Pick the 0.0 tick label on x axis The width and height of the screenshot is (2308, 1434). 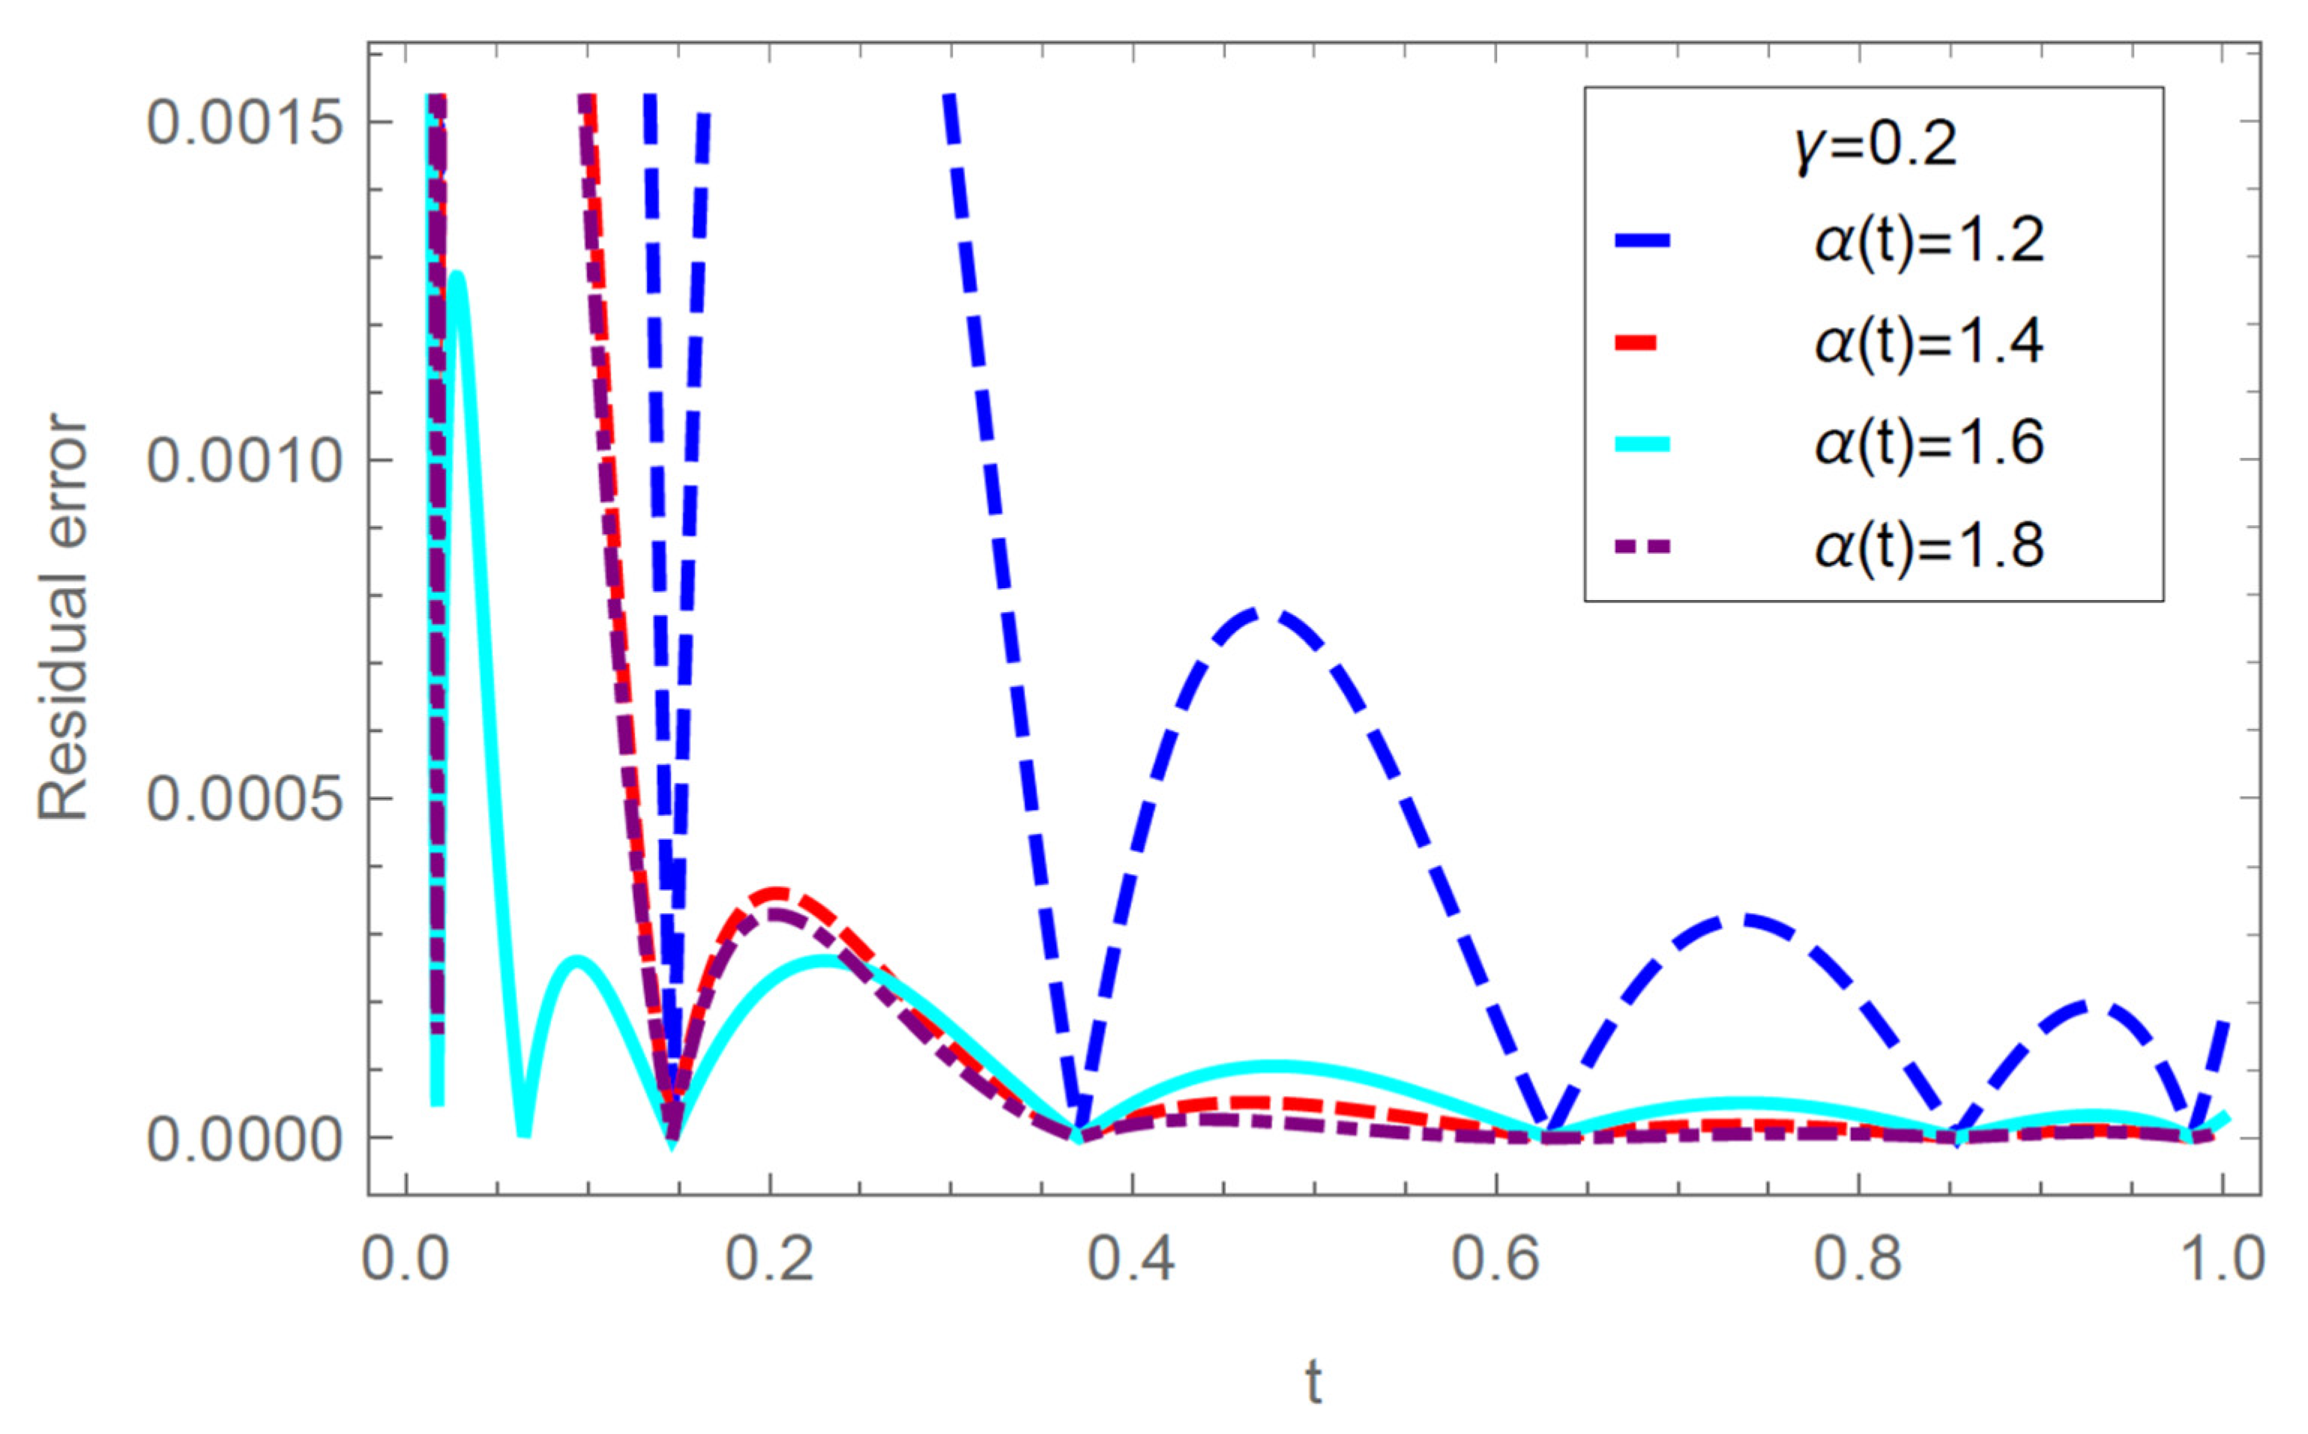(x=407, y=1259)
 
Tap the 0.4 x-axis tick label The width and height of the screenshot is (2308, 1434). (x=1132, y=1259)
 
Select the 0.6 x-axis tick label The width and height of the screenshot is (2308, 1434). (x=1496, y=1259)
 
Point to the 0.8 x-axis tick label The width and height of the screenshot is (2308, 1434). (x=1858, y=1259)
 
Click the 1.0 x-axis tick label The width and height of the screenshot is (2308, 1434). (x=2220, y=1259)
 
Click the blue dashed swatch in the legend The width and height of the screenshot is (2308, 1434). (x=1642, y=241)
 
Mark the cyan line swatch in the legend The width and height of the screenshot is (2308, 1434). (x=1642, y=444)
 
